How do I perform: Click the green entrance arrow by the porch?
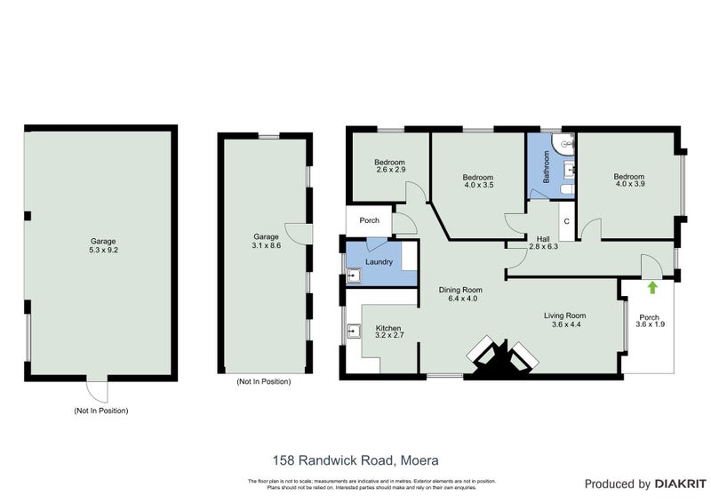tap(653, 287)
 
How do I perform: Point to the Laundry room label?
tap(379, 262)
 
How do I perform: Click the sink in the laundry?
tap(354, 276)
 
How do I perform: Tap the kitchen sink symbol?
tap(354, 332)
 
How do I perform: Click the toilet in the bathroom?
tap(566, 190)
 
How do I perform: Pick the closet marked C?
tap(565, 220)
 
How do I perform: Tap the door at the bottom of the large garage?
tap(97, 390)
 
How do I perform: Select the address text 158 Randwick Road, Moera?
tap(355, 460)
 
